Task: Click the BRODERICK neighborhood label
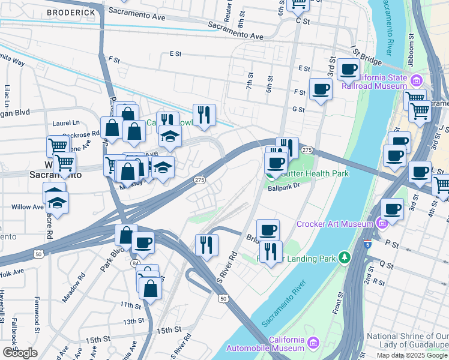point(71,12)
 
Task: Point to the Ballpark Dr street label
point(284,187)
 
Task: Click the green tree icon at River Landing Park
point(344,257)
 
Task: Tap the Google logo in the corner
point(20,353)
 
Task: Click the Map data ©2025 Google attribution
point(412,355)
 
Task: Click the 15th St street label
point(169,330)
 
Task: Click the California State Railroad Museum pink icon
point(415,80)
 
